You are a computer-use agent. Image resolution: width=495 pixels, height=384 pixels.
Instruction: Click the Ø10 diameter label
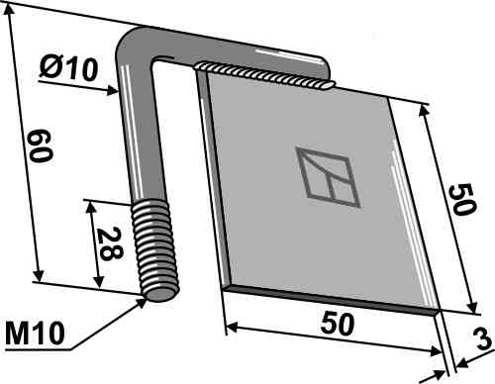coord(69,69)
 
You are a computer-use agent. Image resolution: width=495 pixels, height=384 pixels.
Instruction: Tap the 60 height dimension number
coord(41,145)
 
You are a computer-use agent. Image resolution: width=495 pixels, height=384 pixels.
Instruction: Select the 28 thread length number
coord(111,243)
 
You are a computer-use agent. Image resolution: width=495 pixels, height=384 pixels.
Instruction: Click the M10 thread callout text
coord(35,334)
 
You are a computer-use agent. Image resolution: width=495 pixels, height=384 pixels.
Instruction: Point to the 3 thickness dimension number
coord(483,339)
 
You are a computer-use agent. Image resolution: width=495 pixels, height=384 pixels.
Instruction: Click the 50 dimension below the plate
coord(338,325)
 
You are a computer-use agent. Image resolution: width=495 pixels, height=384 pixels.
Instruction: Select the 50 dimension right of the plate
coord(462,200)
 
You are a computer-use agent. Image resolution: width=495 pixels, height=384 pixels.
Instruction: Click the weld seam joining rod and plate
coord(265,75)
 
